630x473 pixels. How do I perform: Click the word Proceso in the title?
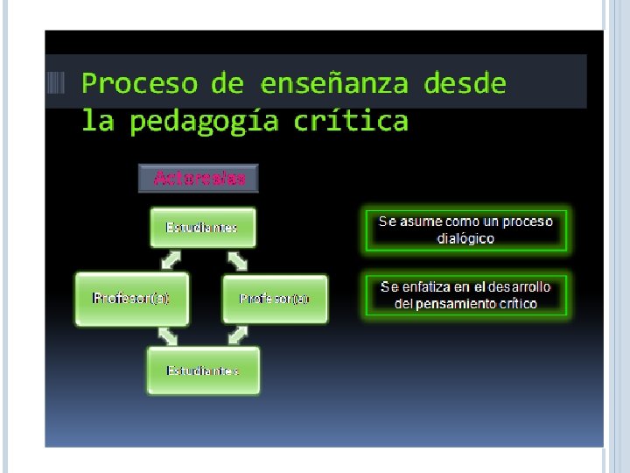[140, 84]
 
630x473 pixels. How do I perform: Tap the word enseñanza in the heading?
[333, 84]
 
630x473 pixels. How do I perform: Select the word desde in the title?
[465, 84]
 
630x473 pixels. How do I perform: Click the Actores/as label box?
[199, 179]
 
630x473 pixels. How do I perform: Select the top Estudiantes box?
[202, 228]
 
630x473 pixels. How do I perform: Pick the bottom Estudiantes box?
[203, 371]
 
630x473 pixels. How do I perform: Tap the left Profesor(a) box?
[130, 299]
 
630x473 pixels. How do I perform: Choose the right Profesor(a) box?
[275, 299]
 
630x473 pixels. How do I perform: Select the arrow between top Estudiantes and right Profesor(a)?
[238, 260]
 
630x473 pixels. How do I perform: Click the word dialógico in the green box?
[465, 238]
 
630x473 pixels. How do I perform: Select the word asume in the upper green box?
[423, 222]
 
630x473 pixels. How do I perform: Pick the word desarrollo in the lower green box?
[520, 287]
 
